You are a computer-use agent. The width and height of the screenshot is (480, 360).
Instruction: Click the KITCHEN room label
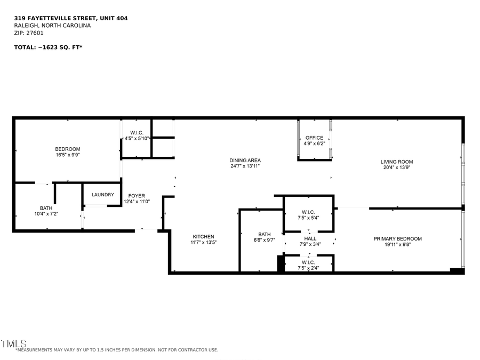coord(203,236)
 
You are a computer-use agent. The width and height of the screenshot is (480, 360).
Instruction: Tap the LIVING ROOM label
coord(396,162)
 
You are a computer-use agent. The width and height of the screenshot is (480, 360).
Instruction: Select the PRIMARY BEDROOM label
coord(397,238)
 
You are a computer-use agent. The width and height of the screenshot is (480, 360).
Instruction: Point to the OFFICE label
coord(314,138)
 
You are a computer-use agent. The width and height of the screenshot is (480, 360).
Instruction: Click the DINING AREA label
coord(245,160)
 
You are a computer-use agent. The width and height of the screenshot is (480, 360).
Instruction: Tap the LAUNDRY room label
coord(103,195)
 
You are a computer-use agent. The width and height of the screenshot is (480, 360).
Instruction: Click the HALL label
coord(310,238)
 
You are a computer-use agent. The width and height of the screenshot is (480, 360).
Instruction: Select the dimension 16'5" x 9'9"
coord(68,155)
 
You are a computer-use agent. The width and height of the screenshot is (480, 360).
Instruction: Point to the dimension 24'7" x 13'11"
coord(245,166)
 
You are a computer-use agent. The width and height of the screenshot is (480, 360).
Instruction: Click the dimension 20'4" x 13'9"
coord(396,167)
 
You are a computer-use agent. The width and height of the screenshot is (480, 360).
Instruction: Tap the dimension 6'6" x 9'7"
coord(265,240)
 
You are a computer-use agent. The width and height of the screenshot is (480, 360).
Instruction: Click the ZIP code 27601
coord(36,33)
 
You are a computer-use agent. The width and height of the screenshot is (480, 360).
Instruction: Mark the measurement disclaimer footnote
coord(117,350)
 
